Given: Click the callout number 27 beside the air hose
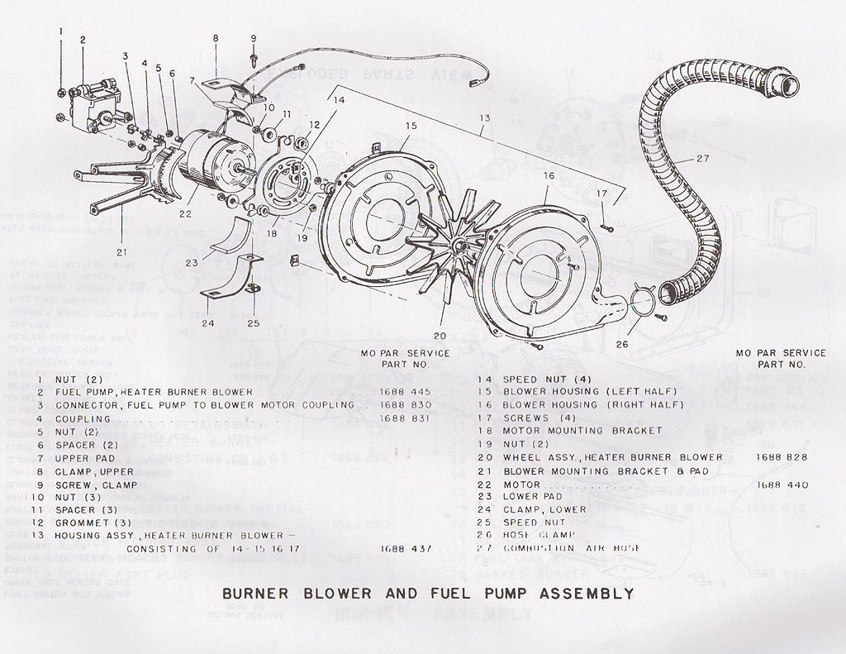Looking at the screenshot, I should click(x=702, y=159).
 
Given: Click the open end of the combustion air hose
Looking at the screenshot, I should click(x=785, y=84).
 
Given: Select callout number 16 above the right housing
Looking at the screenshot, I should click(x=549, y=176).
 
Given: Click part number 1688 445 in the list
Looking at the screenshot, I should click(x=406, y=391).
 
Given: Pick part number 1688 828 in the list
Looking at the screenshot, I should click(x=781, y=457).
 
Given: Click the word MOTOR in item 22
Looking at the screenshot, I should click(x=525, y=484).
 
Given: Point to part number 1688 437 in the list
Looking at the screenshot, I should click(x=406, y=548).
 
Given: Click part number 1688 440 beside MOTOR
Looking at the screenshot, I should click(x=781, y=484).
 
